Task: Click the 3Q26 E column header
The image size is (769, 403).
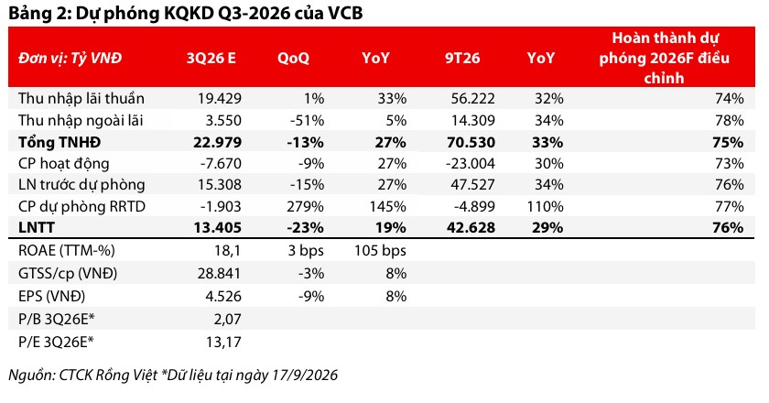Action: (211, 58)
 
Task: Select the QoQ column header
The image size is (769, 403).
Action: (293, 59)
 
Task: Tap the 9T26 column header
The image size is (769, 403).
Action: (462, 58)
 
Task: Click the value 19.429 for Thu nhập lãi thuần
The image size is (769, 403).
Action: (220, 98)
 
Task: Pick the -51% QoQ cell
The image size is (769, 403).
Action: (307, 120)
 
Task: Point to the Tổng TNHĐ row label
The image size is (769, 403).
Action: (60, 142)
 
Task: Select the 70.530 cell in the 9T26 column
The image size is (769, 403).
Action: (471, 142)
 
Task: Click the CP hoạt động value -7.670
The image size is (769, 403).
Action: (221, 163)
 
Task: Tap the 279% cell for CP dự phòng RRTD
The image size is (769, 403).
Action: (305, 206)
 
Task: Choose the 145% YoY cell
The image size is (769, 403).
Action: (387, 206)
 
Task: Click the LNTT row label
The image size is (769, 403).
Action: (37, 228)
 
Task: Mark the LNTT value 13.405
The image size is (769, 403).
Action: (218, 228)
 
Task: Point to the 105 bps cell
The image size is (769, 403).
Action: (380, 250)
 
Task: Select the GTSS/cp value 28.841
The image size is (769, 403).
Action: (219, 273)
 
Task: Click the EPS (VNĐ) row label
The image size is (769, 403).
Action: (51, 297)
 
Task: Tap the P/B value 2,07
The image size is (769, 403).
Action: (228, 319)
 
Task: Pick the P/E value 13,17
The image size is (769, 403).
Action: (223, 342)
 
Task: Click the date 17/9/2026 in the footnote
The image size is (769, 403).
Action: (305, 375)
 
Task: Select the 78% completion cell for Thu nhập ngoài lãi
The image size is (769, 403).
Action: (730, 120)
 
